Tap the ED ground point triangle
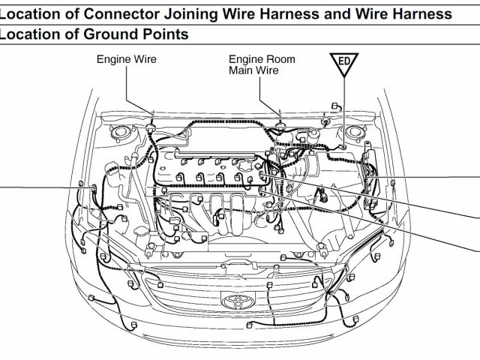[x=344, y=64]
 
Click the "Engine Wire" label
[x=126, y=59]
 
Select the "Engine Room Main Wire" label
[x=262, y=64]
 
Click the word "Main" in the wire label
[x=243, y=70]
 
